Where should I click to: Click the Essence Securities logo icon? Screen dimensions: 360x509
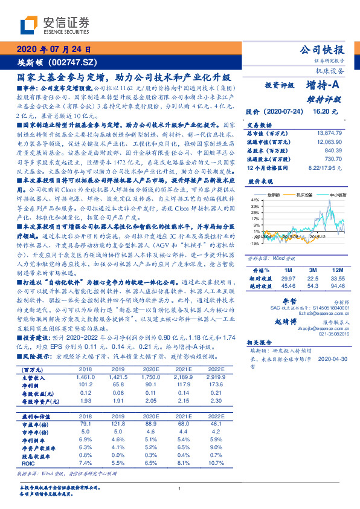(31, 24)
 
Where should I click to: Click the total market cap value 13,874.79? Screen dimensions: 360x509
(329, 132)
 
